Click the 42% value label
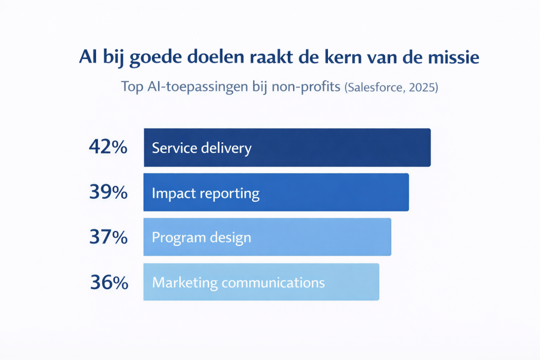(108, 147)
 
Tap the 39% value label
(109, 192)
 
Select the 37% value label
(109, 237)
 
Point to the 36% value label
(109, 283)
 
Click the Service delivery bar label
(202, 148)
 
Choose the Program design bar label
(201, 238)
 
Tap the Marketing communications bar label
(238, 283)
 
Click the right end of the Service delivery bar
(430, 148)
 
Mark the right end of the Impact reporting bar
(409, 192)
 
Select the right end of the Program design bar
(391, 237)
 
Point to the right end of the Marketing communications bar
(379, 282)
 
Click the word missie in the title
(454, 57)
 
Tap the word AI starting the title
(88, 56)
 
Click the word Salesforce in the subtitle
(375, 87)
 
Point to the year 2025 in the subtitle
(422, 87)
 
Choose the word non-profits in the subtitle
(306, 87)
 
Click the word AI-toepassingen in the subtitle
(198, 87)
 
